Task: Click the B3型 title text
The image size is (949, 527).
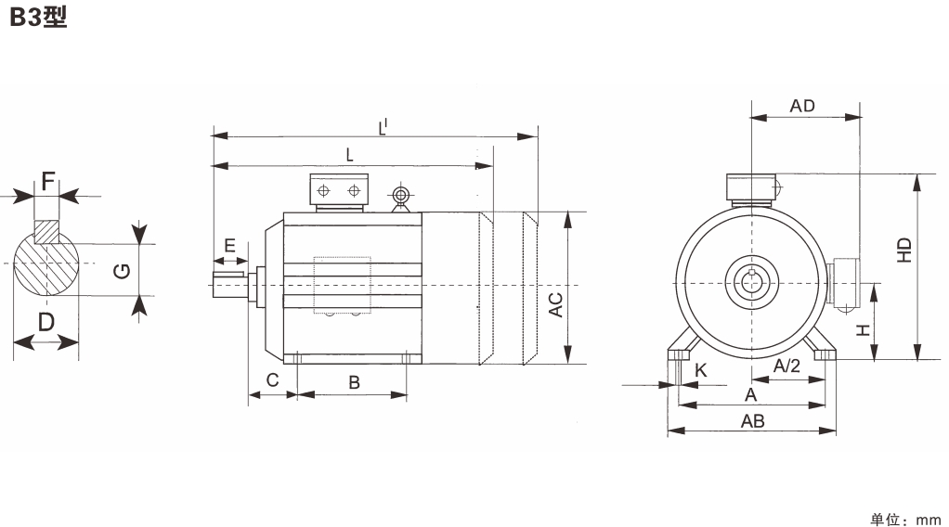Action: [x=38, y=18]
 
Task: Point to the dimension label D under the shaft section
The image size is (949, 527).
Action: [x=46, y=322]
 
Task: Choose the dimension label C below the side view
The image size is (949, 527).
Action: [x=273, y=379]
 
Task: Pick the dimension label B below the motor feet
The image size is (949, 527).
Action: [x=354, y=381]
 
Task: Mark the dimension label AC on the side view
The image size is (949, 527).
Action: [x=555, y=305]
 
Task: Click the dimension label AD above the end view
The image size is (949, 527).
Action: [x=802, y=106]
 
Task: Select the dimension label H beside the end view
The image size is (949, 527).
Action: [x=863, y=330]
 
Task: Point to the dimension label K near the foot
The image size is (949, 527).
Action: [x=701, y=370]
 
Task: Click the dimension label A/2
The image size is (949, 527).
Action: [x=786, y=366]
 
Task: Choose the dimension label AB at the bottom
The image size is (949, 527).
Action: [x=752, y=421]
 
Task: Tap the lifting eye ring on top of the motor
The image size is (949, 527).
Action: [x=401, y=195]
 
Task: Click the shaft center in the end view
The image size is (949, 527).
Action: [x=750, y=283]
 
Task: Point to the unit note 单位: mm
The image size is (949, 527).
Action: [x=905, y=519]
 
